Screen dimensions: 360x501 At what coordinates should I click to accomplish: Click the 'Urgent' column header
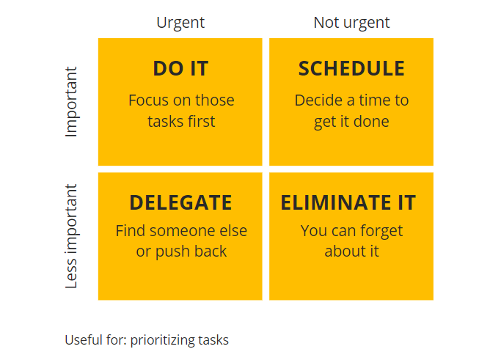pos(180,23)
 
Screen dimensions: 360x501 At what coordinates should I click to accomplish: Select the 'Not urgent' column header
pos(351,23)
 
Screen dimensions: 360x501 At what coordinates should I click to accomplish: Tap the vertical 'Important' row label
pos(71,102)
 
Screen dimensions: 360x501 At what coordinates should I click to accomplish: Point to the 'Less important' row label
pos(71,236)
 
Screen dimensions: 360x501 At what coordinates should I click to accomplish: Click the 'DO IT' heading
pos(180,69)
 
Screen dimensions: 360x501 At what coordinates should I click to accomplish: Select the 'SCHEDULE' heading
pos(351,69)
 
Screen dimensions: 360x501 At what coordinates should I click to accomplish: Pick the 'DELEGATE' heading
pos(180,202)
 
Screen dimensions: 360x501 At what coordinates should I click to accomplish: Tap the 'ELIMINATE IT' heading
pos(348,202)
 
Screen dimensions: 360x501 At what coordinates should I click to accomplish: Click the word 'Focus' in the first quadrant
pos(149,100)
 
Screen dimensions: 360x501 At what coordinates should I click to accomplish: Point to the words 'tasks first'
pos(181,121)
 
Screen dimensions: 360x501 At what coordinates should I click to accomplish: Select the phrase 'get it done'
pos(351,121)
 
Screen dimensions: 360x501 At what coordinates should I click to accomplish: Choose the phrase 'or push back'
pos(181,251)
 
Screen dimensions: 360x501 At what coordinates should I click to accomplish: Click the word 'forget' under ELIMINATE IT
pos(381,231)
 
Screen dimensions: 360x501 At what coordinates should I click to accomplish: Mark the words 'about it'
pos(351,251)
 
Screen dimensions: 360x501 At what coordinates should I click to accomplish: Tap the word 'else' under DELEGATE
pos(234,231)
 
